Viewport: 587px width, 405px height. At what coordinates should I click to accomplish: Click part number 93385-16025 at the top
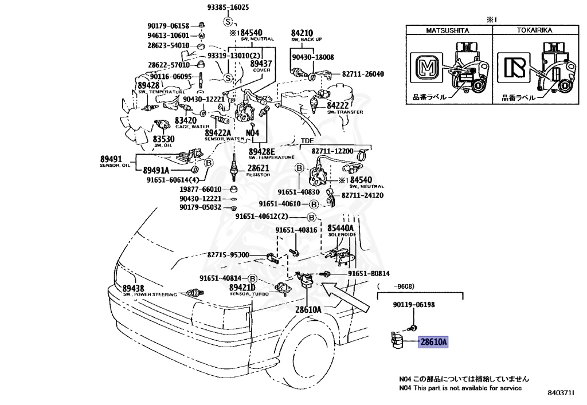tap(228, 7)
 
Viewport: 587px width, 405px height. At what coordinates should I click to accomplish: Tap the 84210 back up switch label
tap(302, 33)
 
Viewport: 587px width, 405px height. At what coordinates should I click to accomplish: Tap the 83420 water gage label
tap(186, 121)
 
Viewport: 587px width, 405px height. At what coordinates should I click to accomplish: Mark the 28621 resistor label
tap(258, 168)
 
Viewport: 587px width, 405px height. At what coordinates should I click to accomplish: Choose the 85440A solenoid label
tap(341, 229)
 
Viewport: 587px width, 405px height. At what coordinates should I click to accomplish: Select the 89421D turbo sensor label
tap(242, 288)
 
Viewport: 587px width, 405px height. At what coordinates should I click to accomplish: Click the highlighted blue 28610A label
tap(433, 343)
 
